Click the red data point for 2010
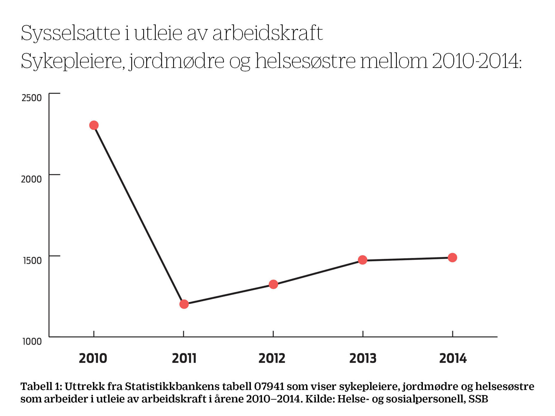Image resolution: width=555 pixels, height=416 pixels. pos(94,125)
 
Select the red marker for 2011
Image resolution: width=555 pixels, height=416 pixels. pos(184,304)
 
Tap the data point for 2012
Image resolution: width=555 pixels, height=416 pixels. pos(273,284)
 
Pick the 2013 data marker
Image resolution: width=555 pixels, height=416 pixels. pos(362,260)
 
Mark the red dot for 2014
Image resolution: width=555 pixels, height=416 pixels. pos(452,258)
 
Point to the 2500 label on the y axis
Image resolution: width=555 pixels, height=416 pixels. pos(32,98)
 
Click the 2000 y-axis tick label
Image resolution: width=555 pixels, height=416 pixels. pos(31,179)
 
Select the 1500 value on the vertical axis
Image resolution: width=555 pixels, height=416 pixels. pos(32,260)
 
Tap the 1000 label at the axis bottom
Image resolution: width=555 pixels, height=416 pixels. pos(32,341)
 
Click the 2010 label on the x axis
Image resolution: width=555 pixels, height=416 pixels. pos(93,358)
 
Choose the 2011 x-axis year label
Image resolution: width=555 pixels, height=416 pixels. pos(184,358)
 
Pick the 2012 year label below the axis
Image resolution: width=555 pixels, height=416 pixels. pos(272,358)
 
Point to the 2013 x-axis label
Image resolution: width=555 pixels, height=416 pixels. pos(363,358)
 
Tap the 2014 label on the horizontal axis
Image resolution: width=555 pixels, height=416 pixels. pos(453,358)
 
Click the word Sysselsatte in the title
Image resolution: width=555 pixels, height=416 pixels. pos(70,33)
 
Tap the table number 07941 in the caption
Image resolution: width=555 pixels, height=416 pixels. pos(269,386)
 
